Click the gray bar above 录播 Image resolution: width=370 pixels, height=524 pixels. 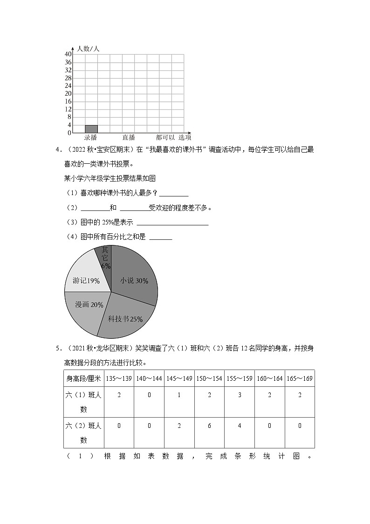[91, 129]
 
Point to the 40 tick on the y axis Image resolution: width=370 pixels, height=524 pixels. [68, 55]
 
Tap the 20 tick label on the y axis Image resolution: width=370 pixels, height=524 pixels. [68, 94]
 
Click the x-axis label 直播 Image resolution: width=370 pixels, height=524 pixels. [129, 137]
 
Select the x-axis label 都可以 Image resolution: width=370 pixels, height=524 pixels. [165, 137]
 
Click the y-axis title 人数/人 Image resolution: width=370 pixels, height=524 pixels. [88, 49]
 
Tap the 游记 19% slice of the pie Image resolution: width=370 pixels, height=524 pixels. [86, 280]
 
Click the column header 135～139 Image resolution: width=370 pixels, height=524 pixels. [119, 378]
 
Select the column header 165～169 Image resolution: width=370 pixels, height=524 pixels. [299, 378]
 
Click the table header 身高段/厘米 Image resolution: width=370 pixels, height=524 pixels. [84, 378]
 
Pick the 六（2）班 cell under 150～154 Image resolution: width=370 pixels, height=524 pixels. [209, 426]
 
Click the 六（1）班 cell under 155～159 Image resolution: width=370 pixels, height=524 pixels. [239, 395]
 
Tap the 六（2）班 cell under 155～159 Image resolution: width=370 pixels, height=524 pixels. [239, 426]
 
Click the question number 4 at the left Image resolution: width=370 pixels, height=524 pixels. [57, 149]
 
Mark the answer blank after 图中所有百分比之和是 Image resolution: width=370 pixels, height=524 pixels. [161, 238]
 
